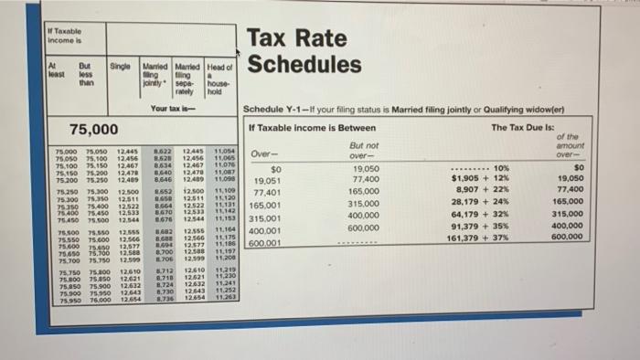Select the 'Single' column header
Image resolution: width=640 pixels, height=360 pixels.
click(119, 67)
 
